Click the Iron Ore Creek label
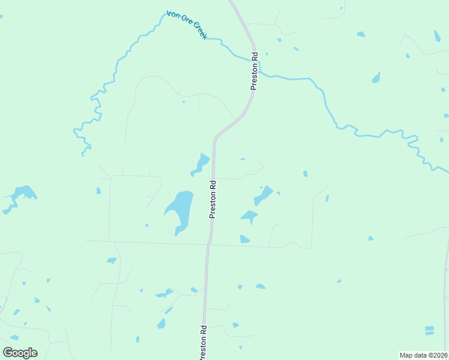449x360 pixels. coord(187,25)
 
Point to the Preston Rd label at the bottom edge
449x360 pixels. coord(203,343)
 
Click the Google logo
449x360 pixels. coord(20,352)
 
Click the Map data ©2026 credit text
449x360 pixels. coord(424,355)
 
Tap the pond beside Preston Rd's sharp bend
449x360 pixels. coord(201,163)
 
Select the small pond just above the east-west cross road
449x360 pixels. coord(244,239)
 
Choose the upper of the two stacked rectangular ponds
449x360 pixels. coord(429,328)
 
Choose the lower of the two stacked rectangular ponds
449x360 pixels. coord(429,332)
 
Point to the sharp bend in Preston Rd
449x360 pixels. coord(217,137)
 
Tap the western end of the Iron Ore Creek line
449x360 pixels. coord(83,155)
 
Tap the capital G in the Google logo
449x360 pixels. coord(8,352)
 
